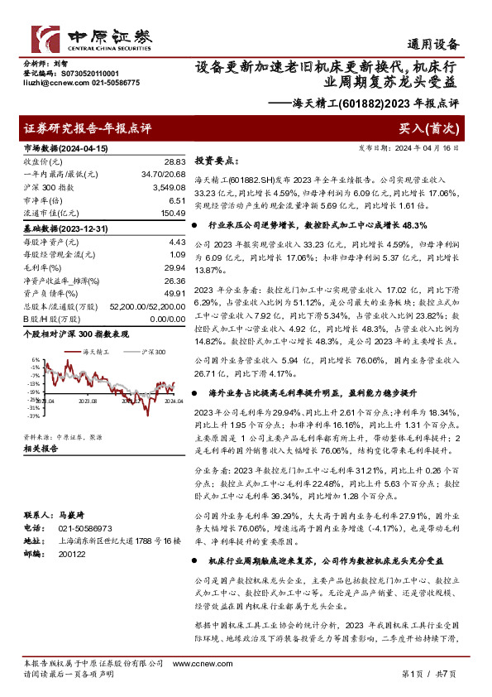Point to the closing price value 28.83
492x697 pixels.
174,162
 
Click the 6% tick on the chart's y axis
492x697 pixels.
34,360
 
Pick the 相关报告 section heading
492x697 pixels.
41,449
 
